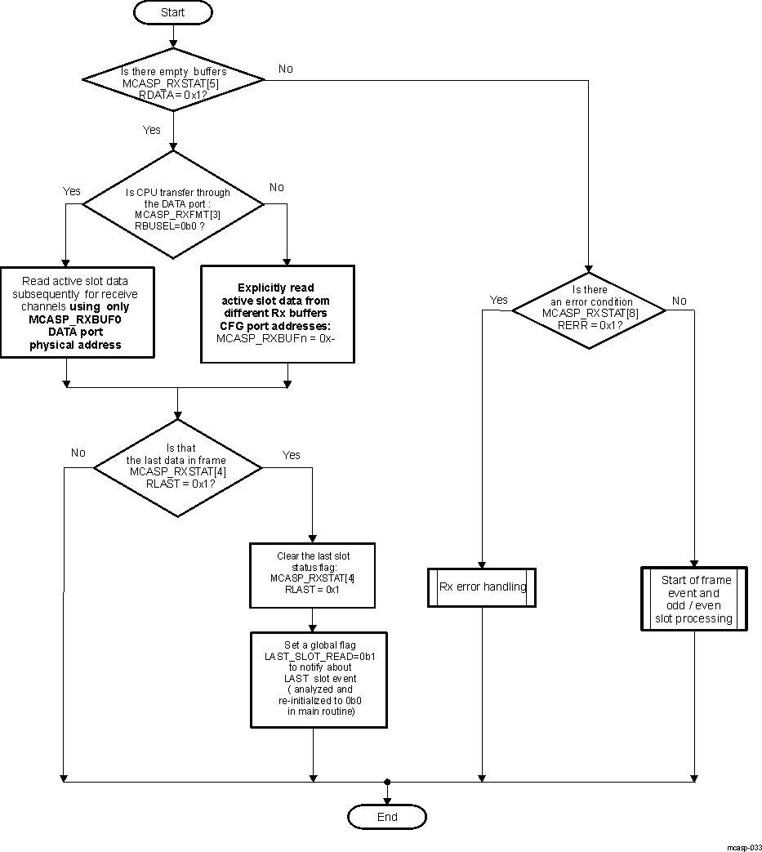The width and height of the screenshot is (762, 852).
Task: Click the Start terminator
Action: click(x=173, y=12)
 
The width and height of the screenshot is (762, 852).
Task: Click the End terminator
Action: click(x=387, y=816)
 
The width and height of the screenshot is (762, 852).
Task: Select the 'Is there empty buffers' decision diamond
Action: click(x=173, y=80)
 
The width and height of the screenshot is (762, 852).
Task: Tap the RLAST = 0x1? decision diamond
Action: click(x=178, y=466)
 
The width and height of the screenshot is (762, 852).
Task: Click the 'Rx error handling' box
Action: click(x=482, y=587)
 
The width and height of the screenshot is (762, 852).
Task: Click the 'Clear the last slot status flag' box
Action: click(x=312, y=574)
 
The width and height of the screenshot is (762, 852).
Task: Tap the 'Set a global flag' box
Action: click(x=319, y=679)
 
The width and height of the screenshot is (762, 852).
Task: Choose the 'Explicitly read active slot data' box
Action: click(x=278, y=314)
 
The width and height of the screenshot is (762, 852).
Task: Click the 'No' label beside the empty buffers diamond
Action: click(x=286, y=69)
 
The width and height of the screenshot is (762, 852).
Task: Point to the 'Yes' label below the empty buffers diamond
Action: click(x=152, y=129)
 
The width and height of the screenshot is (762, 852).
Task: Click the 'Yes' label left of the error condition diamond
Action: click(x=498, y=300)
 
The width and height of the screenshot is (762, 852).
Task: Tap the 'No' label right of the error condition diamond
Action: click(x=679, y=301)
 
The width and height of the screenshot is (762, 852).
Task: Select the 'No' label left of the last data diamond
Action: click(x=78, y=453)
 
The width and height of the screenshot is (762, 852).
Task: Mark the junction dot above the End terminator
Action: click(x=387, y=782)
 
